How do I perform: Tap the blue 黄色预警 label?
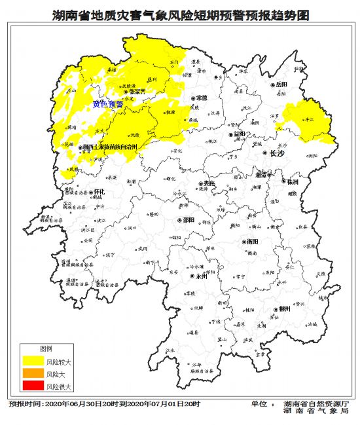tap(107, 103)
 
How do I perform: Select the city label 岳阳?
tap(281, 85)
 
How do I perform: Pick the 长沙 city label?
tap(259, 153)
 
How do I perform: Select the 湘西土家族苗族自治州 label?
tap(111, 147)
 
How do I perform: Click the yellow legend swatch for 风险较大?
tap(32, 361)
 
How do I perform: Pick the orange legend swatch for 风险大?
tap(32, 374)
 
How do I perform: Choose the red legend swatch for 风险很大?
tap(32, 387)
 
